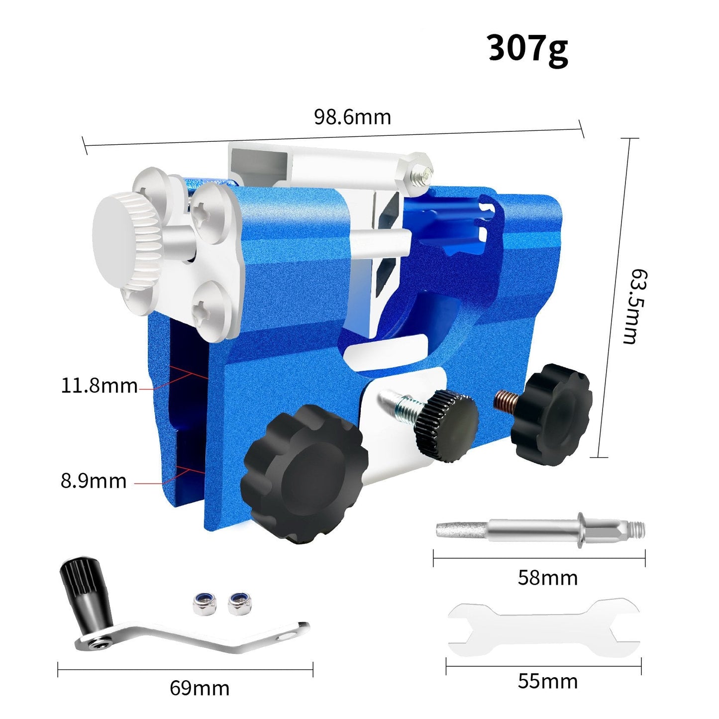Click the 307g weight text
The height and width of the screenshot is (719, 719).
527,49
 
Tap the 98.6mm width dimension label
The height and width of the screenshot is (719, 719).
352,117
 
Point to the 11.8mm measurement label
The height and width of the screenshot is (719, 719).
99,386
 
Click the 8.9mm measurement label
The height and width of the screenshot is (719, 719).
94,481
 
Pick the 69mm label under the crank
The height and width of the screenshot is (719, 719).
200,688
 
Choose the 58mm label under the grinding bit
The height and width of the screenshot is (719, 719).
547,578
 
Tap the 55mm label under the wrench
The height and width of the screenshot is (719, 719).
547,681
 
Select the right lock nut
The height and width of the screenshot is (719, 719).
238,604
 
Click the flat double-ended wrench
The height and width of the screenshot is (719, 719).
543,630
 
